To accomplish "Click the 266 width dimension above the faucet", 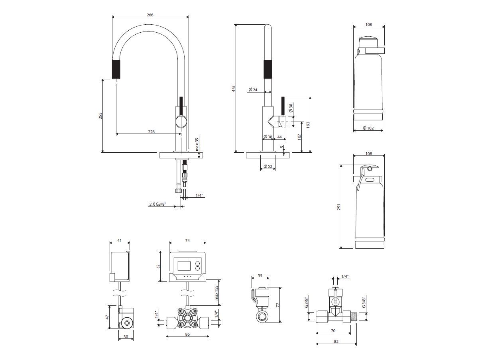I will (x=150, y=15).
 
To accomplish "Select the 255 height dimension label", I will (x=100, y=115).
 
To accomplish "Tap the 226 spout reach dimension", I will (x=151, y=132).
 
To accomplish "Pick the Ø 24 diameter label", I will (x=252, y=90).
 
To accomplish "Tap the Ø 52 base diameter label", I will (x=268, y=167).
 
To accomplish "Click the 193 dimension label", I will (x=308, y=125).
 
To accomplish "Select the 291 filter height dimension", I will (x=339, y=207).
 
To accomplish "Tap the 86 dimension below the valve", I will (x=187, y=334).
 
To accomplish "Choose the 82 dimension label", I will (x=336, y=341).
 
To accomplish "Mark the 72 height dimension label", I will (x=278, y=305).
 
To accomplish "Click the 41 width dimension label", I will (x=119, y=241).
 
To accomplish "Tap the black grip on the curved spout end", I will (x=116, y=69).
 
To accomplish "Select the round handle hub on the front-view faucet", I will (x=181, y=121).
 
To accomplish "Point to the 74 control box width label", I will (x=187, y=240).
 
